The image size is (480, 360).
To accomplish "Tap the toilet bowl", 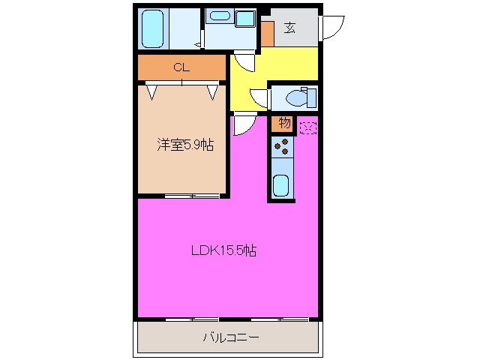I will tap(298, 97).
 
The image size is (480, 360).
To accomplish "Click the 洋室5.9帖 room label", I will tap(184, 145).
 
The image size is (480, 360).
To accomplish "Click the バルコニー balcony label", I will tap(231, 338).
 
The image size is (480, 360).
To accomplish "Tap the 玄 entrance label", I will tap(289, 28).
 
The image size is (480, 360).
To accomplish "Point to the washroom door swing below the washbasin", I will tap(243, 61).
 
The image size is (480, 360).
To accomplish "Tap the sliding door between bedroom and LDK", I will tap(192, 196).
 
